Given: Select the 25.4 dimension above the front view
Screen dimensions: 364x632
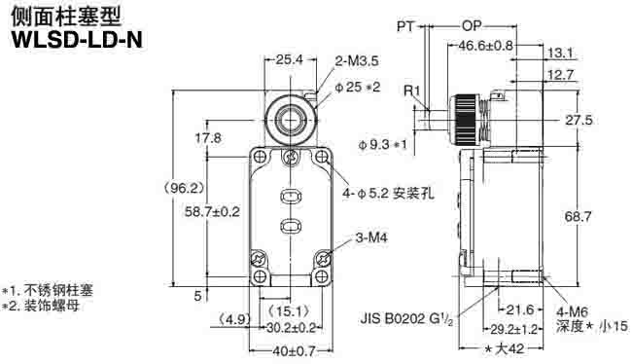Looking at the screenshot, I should click(289, 59).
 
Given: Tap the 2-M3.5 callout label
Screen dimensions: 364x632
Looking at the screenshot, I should click(356, 59).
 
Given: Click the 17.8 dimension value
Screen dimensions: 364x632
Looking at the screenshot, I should click(208, 138).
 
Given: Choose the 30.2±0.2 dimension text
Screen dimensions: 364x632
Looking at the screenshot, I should click(291, 328).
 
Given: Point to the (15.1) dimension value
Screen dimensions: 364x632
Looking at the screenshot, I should click(288, 312).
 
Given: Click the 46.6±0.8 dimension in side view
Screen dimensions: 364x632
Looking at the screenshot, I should click(486, 45).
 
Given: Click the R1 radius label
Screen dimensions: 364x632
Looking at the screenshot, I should click(412, 91).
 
